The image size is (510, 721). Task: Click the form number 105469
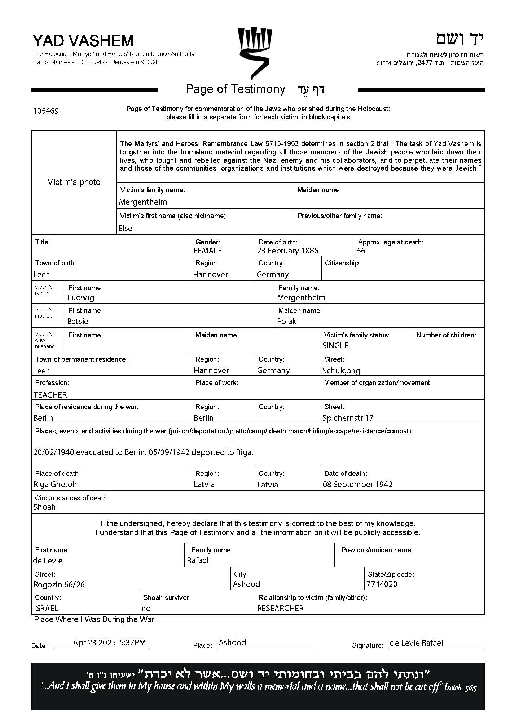pos(46,111)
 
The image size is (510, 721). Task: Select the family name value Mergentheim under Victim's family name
pos(143,202)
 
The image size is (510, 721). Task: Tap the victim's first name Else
pos(125,228)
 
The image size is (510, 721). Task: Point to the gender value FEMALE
pos(208,251)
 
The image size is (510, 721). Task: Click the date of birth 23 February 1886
pos(287,251)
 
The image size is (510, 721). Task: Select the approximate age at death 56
pos(361,251)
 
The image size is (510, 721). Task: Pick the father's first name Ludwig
pos(81,297)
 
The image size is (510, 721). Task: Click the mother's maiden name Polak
pos(287,321)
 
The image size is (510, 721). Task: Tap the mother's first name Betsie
pos(78,321)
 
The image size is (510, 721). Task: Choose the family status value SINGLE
pos(335,345)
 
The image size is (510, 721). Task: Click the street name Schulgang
pos(341,371)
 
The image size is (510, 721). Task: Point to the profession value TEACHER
pos(50,395)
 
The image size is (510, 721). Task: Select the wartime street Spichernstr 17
pos(348,418)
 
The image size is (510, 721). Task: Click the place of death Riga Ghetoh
pos(55,484)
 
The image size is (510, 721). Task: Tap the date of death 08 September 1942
pos(357,484)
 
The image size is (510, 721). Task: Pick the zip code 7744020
pos(382,584)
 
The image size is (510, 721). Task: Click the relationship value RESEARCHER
pos(280,608)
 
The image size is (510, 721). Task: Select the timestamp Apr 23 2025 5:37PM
pos(109,642)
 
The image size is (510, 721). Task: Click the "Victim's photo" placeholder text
pos(74,182)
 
